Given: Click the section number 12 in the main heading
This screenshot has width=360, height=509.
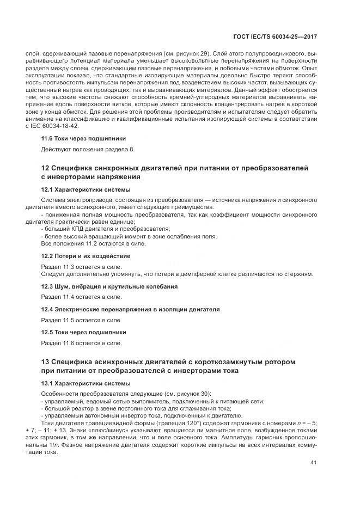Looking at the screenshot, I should (46, 168).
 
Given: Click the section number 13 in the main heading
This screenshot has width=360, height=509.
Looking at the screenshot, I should (46, 362).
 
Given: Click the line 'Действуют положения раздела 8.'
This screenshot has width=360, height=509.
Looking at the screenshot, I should (87, 149).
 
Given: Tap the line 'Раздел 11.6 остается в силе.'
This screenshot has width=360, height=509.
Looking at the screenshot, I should (82, 343).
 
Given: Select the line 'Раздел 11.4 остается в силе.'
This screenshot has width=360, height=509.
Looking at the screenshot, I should (82, 297).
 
